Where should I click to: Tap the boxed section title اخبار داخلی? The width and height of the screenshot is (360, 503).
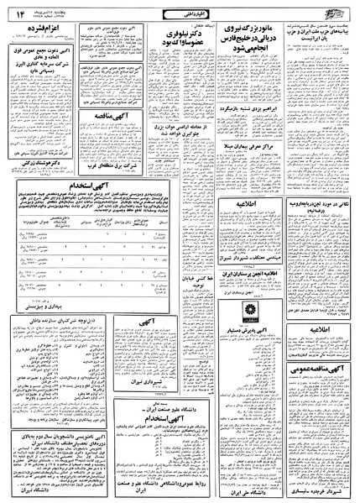180,11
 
